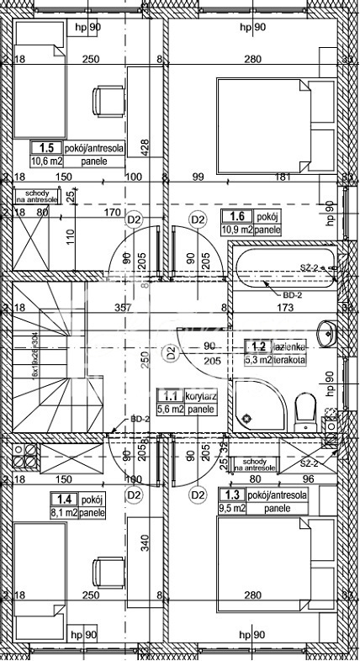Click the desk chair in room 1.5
(x=108, y=101)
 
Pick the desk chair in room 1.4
(x=108, y=569)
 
